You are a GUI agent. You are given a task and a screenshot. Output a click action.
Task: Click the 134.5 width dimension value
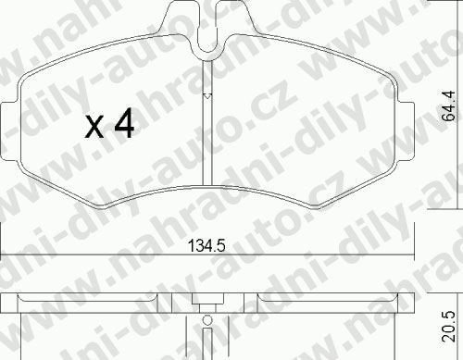[206, 245]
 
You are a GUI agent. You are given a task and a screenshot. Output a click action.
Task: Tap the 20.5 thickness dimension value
[448, 326]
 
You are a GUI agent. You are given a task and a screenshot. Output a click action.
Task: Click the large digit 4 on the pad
[124, 123]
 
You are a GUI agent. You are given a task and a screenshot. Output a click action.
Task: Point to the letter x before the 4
[94, 127]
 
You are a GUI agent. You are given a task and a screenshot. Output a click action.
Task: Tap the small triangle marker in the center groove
[207, 96]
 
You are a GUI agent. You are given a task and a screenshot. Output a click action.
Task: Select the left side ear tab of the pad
[9, 130]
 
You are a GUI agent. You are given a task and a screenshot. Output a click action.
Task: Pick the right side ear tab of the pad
[405, 130]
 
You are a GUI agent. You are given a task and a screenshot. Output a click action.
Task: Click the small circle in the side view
[207, 320]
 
